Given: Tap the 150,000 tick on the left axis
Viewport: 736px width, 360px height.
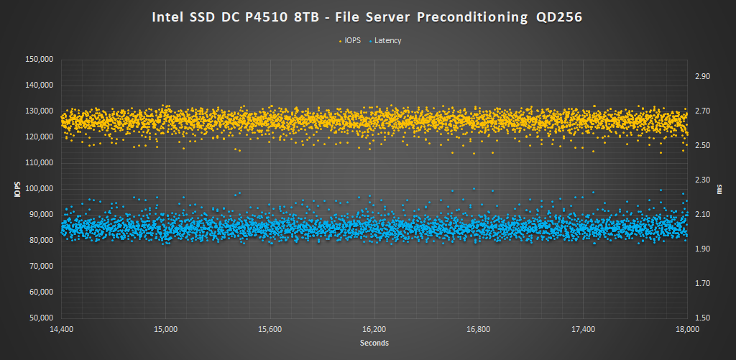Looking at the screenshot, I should [39, 60].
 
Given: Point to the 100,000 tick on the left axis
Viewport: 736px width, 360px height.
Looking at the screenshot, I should [39, 189].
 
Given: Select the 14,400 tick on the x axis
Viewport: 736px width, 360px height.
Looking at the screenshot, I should [61, 329].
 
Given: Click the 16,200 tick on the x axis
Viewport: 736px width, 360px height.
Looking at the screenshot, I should [374, 329].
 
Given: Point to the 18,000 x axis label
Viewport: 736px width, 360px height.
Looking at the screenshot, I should [688, 329].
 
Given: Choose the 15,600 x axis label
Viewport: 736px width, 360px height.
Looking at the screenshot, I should [270, 329].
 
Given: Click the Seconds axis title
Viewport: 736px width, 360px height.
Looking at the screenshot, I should [374, 343].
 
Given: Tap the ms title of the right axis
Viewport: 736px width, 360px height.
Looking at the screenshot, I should [720, 189].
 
